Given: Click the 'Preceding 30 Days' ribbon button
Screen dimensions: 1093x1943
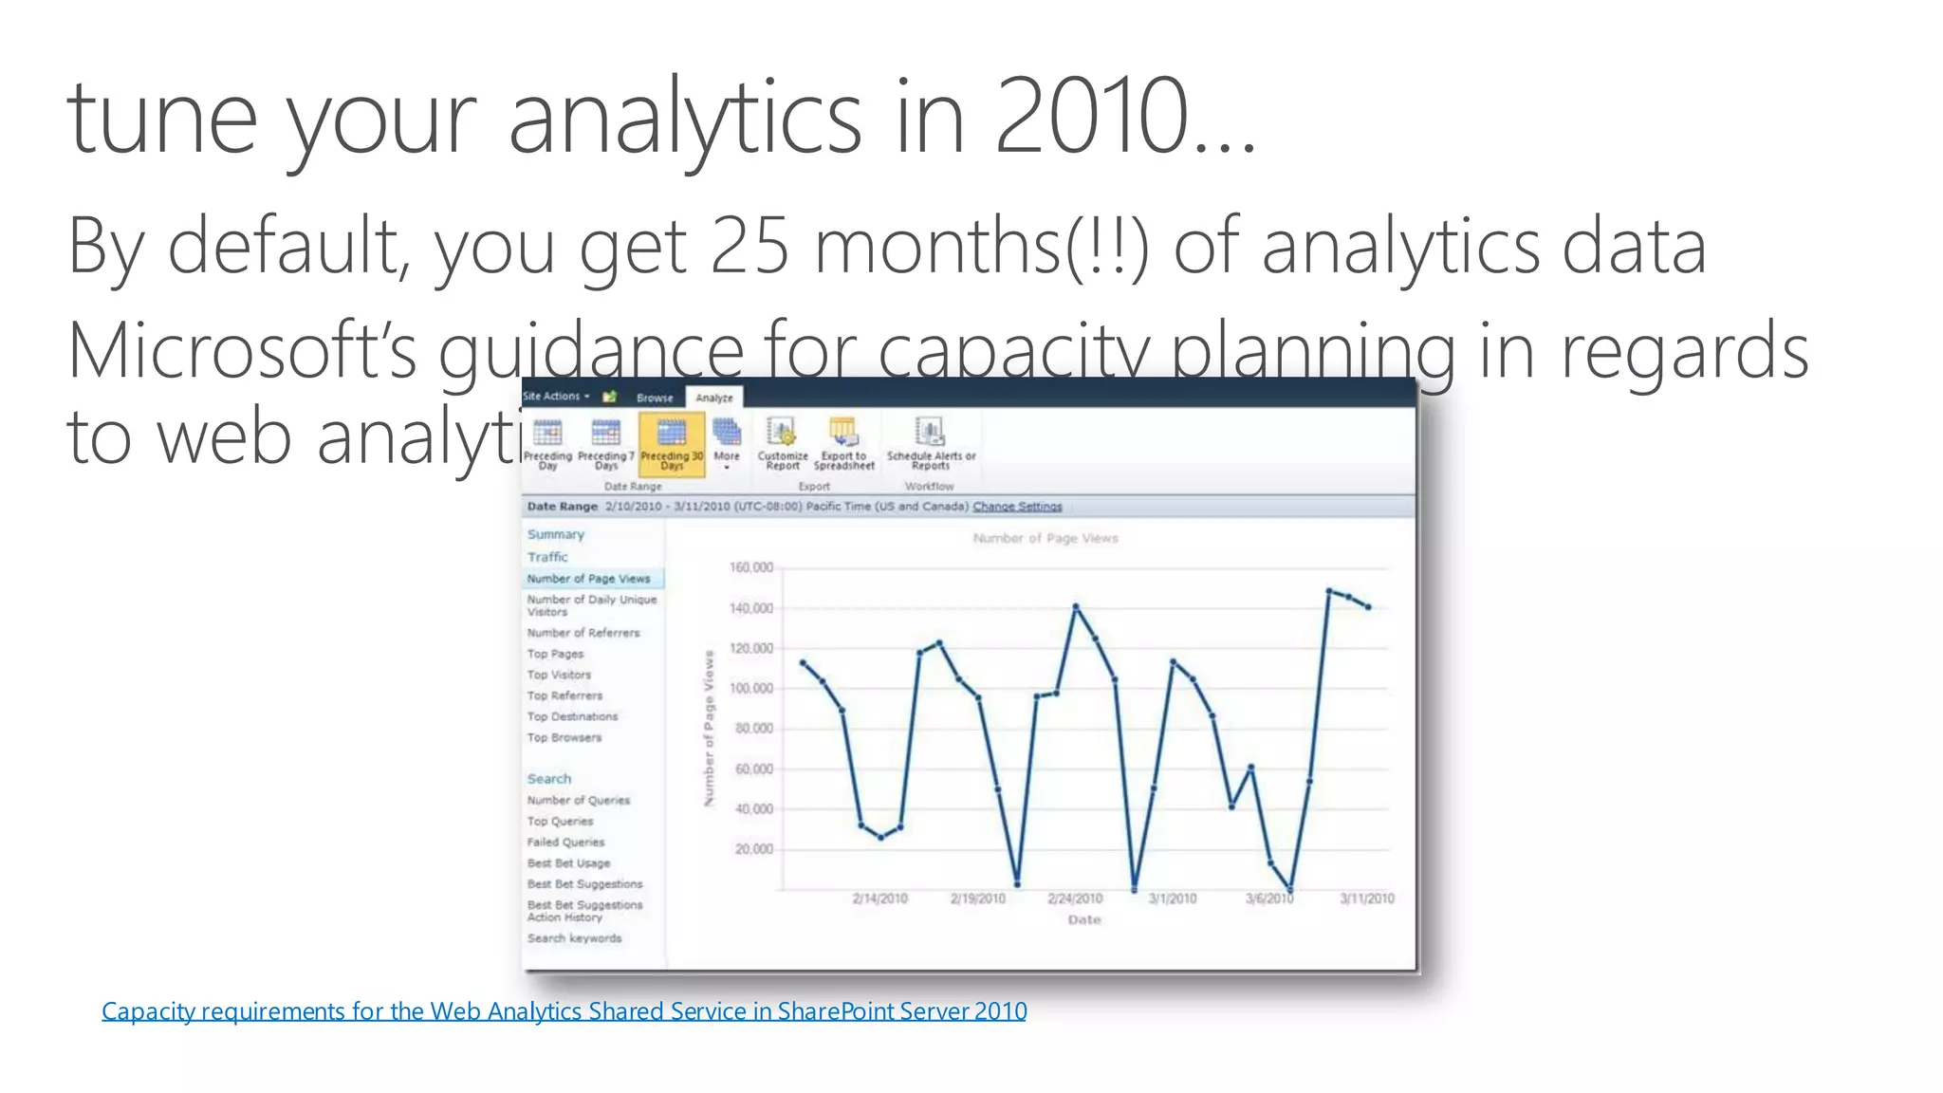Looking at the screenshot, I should coord(672,443).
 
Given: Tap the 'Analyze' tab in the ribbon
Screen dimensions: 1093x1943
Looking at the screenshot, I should coord(714,398).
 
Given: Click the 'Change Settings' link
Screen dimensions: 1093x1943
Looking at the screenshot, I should coord(1017,507).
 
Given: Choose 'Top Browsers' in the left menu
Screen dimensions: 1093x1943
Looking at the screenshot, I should coord(564,737).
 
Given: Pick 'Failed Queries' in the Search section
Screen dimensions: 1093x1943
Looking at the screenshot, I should coord(565,842).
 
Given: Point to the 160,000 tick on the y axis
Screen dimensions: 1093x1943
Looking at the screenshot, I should coord(751,567).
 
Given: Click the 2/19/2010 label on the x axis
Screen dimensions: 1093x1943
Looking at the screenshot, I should coord(977,898).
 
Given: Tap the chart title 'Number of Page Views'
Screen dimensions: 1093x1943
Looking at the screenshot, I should coord(1045,538).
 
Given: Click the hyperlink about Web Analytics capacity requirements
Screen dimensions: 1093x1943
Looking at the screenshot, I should coord(564,1011).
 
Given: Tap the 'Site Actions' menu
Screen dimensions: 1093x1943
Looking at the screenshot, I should coord(555,397).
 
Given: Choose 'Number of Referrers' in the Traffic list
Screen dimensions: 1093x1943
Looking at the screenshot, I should coord(583,633).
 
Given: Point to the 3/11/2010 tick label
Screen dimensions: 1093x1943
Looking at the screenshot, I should coord(1366,898).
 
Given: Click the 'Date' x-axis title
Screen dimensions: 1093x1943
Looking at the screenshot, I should coord(1084,919).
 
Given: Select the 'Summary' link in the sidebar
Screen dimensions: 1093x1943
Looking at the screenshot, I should coord(556,534).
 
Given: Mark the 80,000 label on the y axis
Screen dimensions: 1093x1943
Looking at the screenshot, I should coord(754,729).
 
